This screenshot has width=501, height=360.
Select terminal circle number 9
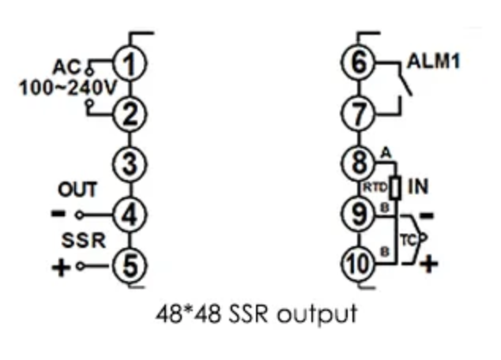pyautogui.click(x=360, y=214)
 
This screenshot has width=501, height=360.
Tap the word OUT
pyautogui.click(x=78, y=189)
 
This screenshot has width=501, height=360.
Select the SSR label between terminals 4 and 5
pyautogui.click(x=81, y=240)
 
